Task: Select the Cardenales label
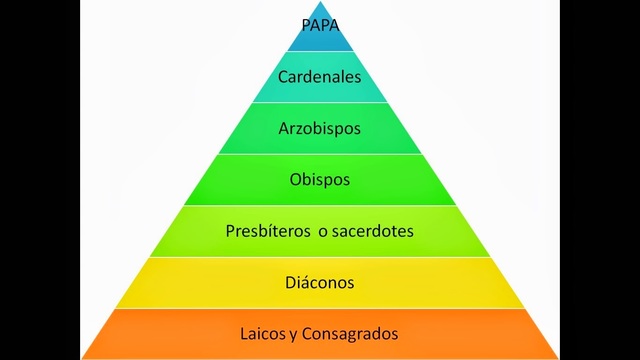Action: (319, 76)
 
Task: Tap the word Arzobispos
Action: (319, 129)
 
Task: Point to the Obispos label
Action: (319, 181)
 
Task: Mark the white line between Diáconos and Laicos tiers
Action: (319, 308)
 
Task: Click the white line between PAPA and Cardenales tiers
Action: (319, 51)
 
